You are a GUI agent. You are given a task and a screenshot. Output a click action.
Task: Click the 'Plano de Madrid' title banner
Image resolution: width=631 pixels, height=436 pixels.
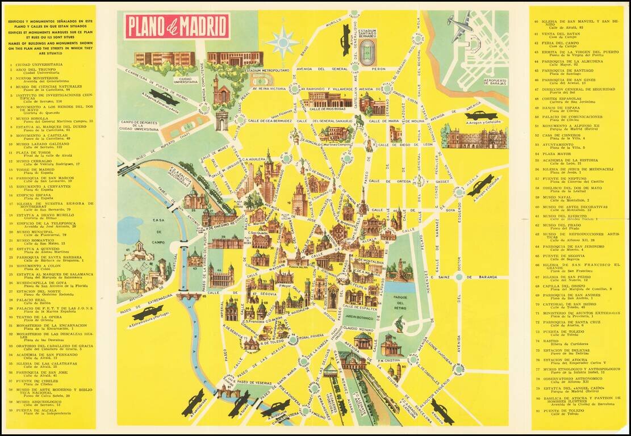click(177, 26)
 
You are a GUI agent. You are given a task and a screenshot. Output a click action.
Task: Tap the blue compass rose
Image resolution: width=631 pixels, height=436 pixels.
click(282, 41)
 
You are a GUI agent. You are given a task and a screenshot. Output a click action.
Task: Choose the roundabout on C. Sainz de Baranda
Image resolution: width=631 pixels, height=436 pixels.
click(459, 276)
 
